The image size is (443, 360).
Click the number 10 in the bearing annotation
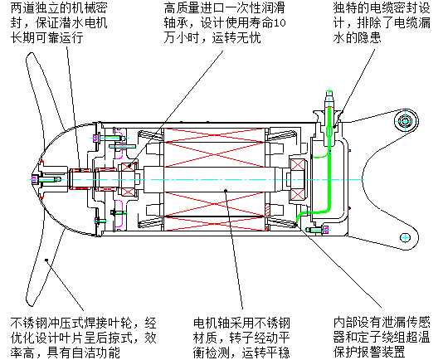coord(280,23)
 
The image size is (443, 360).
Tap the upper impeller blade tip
coord(29,56)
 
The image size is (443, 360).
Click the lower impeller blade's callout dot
coord(46,260)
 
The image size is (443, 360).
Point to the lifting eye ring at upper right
coord(406,121)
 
